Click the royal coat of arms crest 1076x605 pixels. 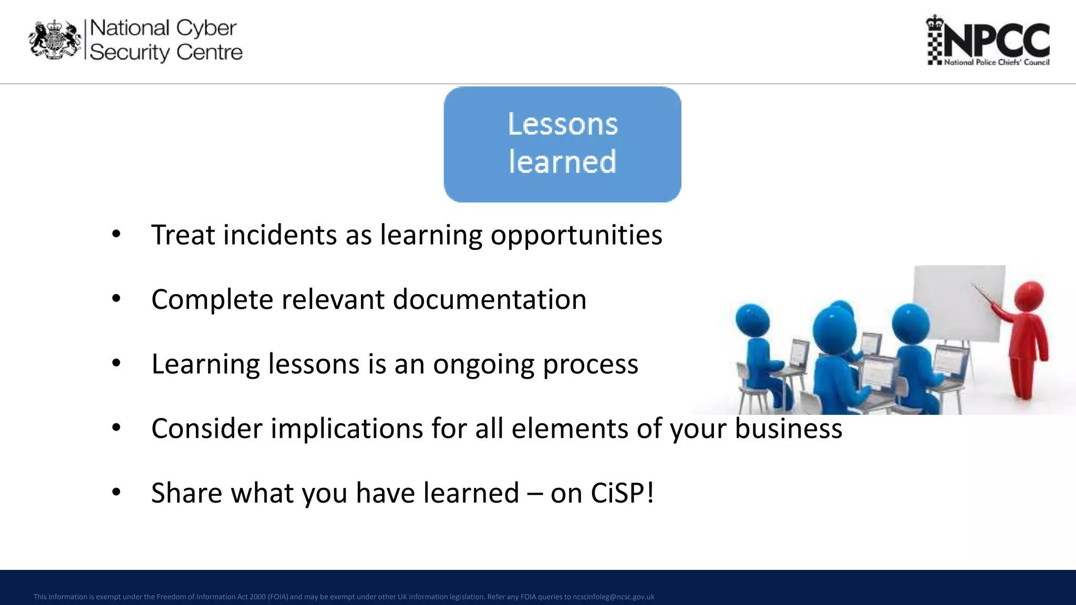coord(55,40)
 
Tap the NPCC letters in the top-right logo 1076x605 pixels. coord(997,40)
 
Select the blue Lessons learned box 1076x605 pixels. coord(562,144)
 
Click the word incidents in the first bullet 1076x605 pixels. coord(280,235)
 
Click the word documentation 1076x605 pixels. coord(489,299)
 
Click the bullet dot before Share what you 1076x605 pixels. coord(116,493)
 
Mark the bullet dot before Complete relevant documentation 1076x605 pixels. coord(116,299)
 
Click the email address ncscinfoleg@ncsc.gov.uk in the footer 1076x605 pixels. coord(613,597)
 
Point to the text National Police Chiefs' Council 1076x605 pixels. coord(997,62)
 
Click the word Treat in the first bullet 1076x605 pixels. coord(183,235)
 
